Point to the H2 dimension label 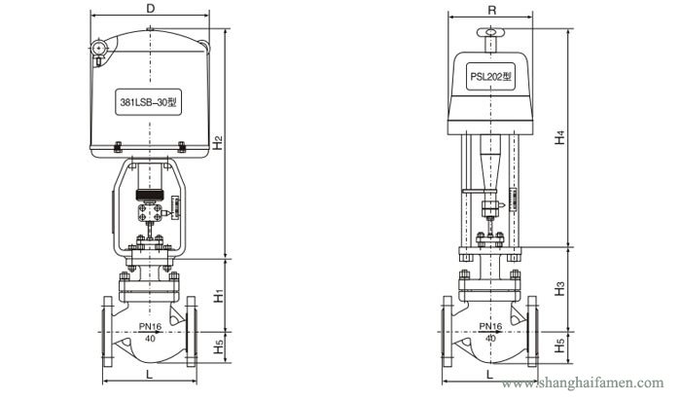pos(220,144)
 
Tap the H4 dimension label pos(558,138)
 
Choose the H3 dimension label pos(558,289)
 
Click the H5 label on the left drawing pos(220,345)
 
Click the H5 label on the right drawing pos(558,345)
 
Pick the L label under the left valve pos(148,374)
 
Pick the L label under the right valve pos(489,374)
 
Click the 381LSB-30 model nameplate pos(150,100)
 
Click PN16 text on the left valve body pos(149,327)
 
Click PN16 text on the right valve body pos(489,327)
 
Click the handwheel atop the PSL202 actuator pos(490,34)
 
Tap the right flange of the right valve pos(536,333)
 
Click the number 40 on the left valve pos(149,339)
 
